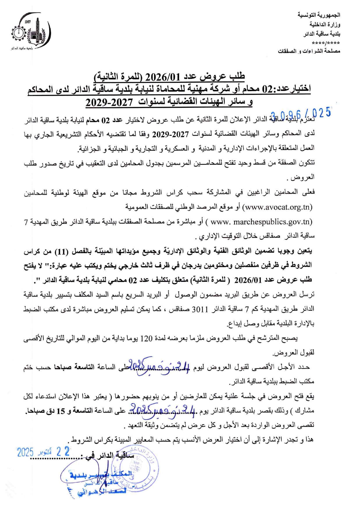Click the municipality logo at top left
31,33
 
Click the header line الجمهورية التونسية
319,15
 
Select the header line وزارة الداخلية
325,24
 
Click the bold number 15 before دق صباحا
61,411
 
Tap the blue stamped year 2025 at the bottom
25,452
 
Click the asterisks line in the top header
326,43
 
